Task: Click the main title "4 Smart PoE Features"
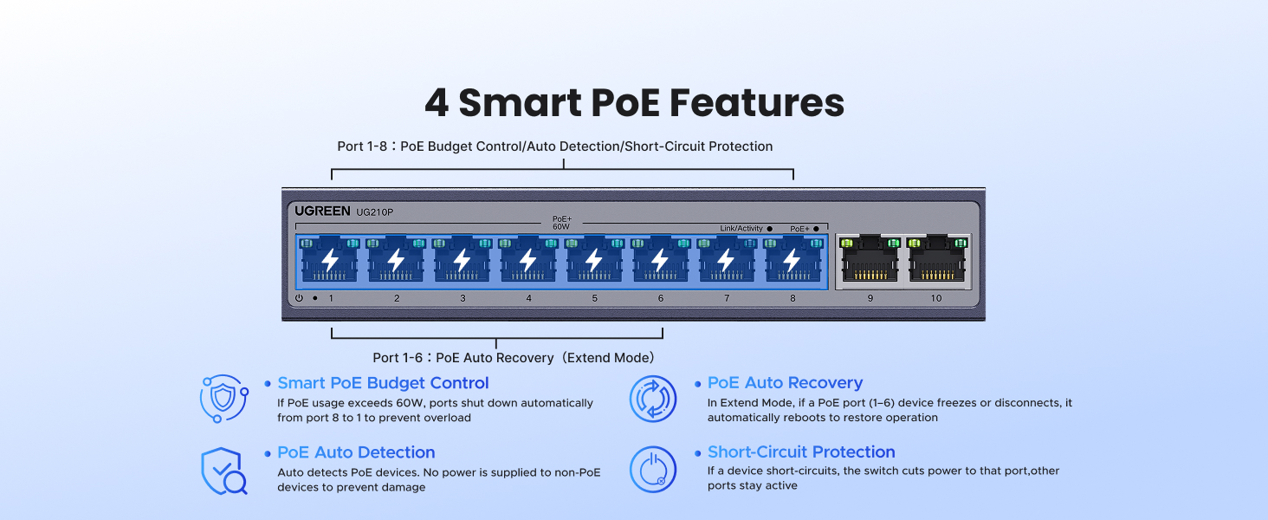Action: tap(634, 103)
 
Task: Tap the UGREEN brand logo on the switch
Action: tap(322, 211)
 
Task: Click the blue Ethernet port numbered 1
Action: tap(330, 259)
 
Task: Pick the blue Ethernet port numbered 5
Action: tap(594, 259)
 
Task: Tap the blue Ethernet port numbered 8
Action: tap(792, 259)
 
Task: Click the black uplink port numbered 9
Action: tap(870, 259)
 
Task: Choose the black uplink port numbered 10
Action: tap(936, 259)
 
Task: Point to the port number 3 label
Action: tap(463, 298)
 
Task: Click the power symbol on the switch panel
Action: tap(299, 298)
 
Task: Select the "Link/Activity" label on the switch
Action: tap(741, 229)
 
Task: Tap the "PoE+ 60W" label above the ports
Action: tap(561, 223)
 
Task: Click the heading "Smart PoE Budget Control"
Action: tap(383, 383)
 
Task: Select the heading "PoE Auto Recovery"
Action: tap(785, 383)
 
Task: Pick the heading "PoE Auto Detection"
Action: tap(356, 452)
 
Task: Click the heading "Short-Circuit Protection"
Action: tap(801, 452)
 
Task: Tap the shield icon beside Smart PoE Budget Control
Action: tap(222, 399)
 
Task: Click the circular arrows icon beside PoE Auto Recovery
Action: tap(653, 399)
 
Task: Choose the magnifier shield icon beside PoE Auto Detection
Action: tap(223, 471)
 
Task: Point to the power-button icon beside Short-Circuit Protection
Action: tap(653, 470)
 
